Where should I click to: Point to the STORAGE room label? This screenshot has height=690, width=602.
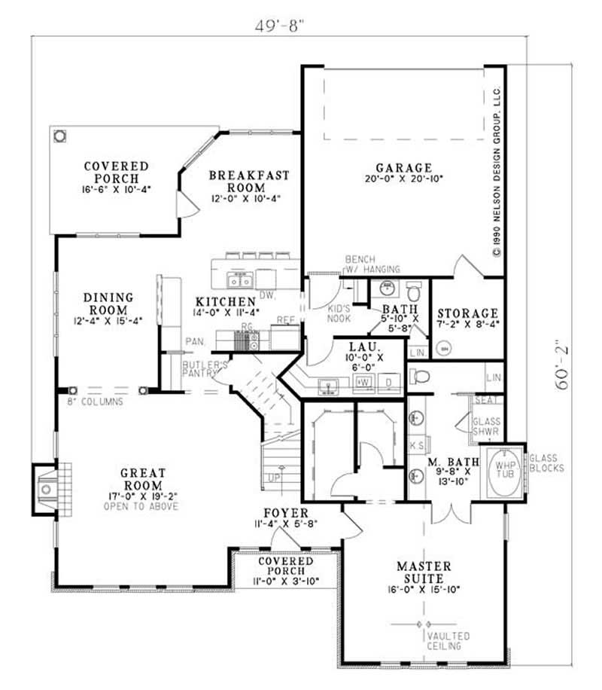point(468,313)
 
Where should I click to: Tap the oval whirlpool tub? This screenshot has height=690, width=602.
point(503,472)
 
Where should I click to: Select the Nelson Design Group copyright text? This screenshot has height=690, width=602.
point(497,173)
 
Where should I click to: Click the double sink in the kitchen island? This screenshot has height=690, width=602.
point(240,281)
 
